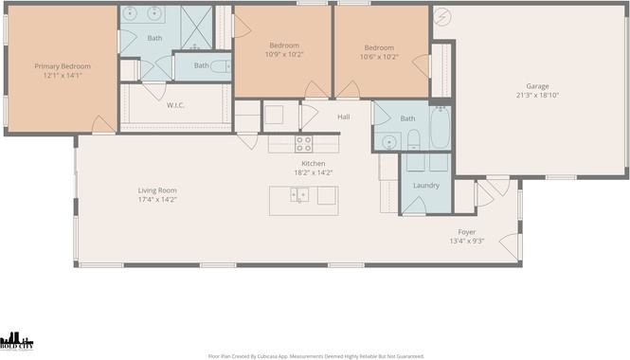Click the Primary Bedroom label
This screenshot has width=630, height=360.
[x=63, y=66]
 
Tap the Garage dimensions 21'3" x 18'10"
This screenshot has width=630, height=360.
[x=537, y=96]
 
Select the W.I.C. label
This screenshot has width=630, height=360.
[x=175, y=105]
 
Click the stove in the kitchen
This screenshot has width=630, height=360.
[x=303, y=144]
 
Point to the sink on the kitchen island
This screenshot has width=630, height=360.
[x=299, y=195]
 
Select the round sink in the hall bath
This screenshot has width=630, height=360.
[x=389, y=142]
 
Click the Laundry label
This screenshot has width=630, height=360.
[x=426, y=186]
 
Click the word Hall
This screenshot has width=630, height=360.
[x=344, y=117]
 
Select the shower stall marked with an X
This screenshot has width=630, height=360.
[x=195, y=25]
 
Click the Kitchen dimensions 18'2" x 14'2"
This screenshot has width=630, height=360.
[x=313, y=173]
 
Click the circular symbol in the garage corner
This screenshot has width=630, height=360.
[x=441, y=16]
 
